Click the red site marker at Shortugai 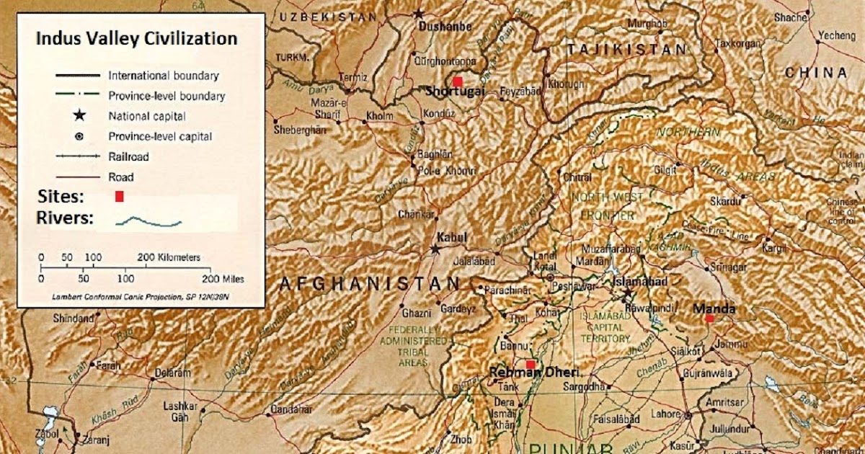tap(457, 82)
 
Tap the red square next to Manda tap(710, 318)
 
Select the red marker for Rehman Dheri tap(531, 365)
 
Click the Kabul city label tap(452, 238)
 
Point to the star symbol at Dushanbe tap(419, 13)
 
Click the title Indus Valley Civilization tap(137, 39)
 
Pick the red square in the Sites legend tap(120, 196)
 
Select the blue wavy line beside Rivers tap(148, 221)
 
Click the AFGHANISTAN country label tap(369, 283)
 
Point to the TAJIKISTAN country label tap(626, 50)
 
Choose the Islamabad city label tap(640, 282)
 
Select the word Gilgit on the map tap(666, 169)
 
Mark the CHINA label tap(816, 73)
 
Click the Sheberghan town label tap(300, 130)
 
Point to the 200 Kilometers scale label tap(169, 257)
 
